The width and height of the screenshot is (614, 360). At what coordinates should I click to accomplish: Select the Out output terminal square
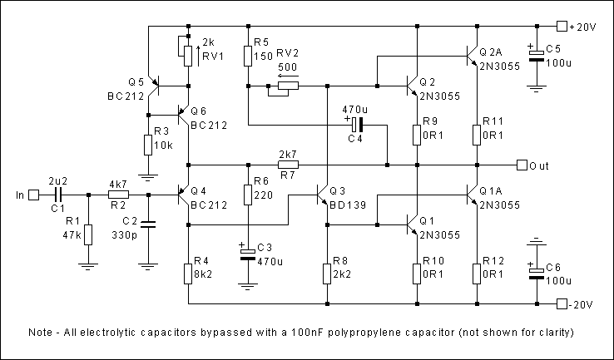522,165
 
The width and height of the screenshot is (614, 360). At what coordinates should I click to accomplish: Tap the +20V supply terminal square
562,26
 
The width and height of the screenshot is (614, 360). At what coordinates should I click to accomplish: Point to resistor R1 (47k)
88,234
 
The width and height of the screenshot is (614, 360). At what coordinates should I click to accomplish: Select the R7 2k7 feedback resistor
287,165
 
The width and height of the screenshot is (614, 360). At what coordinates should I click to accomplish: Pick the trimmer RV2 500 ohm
288,85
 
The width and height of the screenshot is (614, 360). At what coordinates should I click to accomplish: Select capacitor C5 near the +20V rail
537,53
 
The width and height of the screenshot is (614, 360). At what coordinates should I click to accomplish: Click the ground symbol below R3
148,175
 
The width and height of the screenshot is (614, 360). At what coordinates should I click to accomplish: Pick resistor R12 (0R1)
477,272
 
